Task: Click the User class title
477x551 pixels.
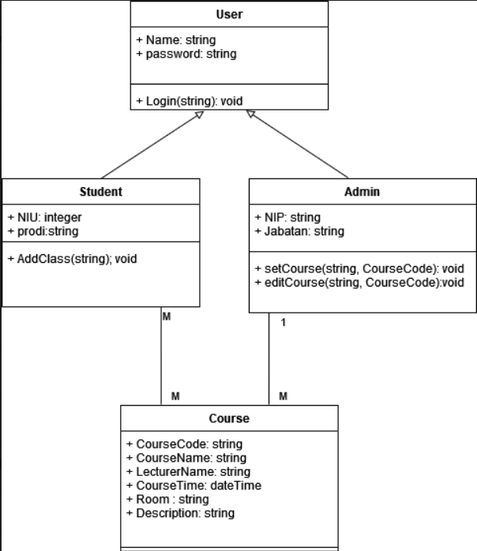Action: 229,14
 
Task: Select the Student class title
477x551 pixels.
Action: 101,192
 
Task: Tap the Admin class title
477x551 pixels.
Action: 362,192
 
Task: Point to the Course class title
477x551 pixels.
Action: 229,418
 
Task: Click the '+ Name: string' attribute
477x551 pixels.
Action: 175,39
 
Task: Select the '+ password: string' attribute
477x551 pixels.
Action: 186,54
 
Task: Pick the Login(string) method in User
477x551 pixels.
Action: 190,101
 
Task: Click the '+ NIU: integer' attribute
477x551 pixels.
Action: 45,217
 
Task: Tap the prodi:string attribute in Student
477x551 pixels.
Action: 43,231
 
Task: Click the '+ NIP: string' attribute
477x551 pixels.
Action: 287,217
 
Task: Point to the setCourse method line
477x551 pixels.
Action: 359,268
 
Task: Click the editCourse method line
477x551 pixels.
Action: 359,283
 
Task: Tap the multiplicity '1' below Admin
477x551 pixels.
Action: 284,322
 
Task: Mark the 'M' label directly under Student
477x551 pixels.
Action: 167,317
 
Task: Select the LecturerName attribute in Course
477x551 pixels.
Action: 188,472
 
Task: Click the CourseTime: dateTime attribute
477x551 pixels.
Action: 193,485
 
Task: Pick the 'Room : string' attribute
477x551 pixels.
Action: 167,499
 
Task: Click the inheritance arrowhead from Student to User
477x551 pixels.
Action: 200,115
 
